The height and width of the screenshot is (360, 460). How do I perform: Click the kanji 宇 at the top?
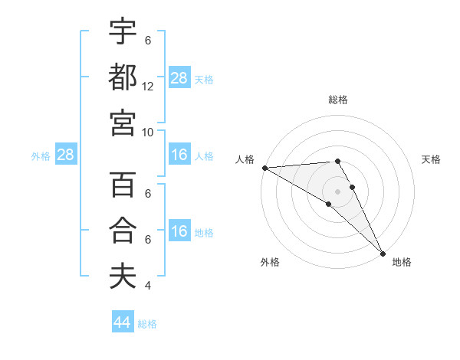coord(123,31)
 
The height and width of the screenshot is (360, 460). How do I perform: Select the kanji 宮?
coord(123,122)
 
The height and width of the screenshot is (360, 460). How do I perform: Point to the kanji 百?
coord(123,185)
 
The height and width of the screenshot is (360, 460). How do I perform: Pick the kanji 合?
coord(123,231)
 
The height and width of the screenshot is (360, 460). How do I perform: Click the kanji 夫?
coord(123,276)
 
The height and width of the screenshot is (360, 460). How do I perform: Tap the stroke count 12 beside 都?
coord(148,86)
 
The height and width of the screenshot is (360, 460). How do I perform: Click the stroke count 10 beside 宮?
coord(148,131)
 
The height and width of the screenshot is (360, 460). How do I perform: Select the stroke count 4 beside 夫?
coord(148,285)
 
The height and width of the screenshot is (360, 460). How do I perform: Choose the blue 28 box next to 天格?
coord(179,77)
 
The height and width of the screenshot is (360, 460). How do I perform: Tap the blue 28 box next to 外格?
coord(66,155)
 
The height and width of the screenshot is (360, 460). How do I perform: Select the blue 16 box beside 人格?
coord(179,155)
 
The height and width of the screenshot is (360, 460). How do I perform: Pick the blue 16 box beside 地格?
coord(179,231)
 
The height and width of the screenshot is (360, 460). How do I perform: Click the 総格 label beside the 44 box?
coord(147,324)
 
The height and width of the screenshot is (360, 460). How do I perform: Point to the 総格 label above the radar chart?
coord(337,100)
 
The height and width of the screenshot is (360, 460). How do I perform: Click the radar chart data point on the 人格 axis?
coord(264,168)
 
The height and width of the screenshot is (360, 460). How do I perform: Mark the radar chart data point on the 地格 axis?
coord(382,252)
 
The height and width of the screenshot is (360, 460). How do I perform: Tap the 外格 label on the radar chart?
coord(270,263)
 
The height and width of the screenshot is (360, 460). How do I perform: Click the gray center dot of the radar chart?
coord(337,191)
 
